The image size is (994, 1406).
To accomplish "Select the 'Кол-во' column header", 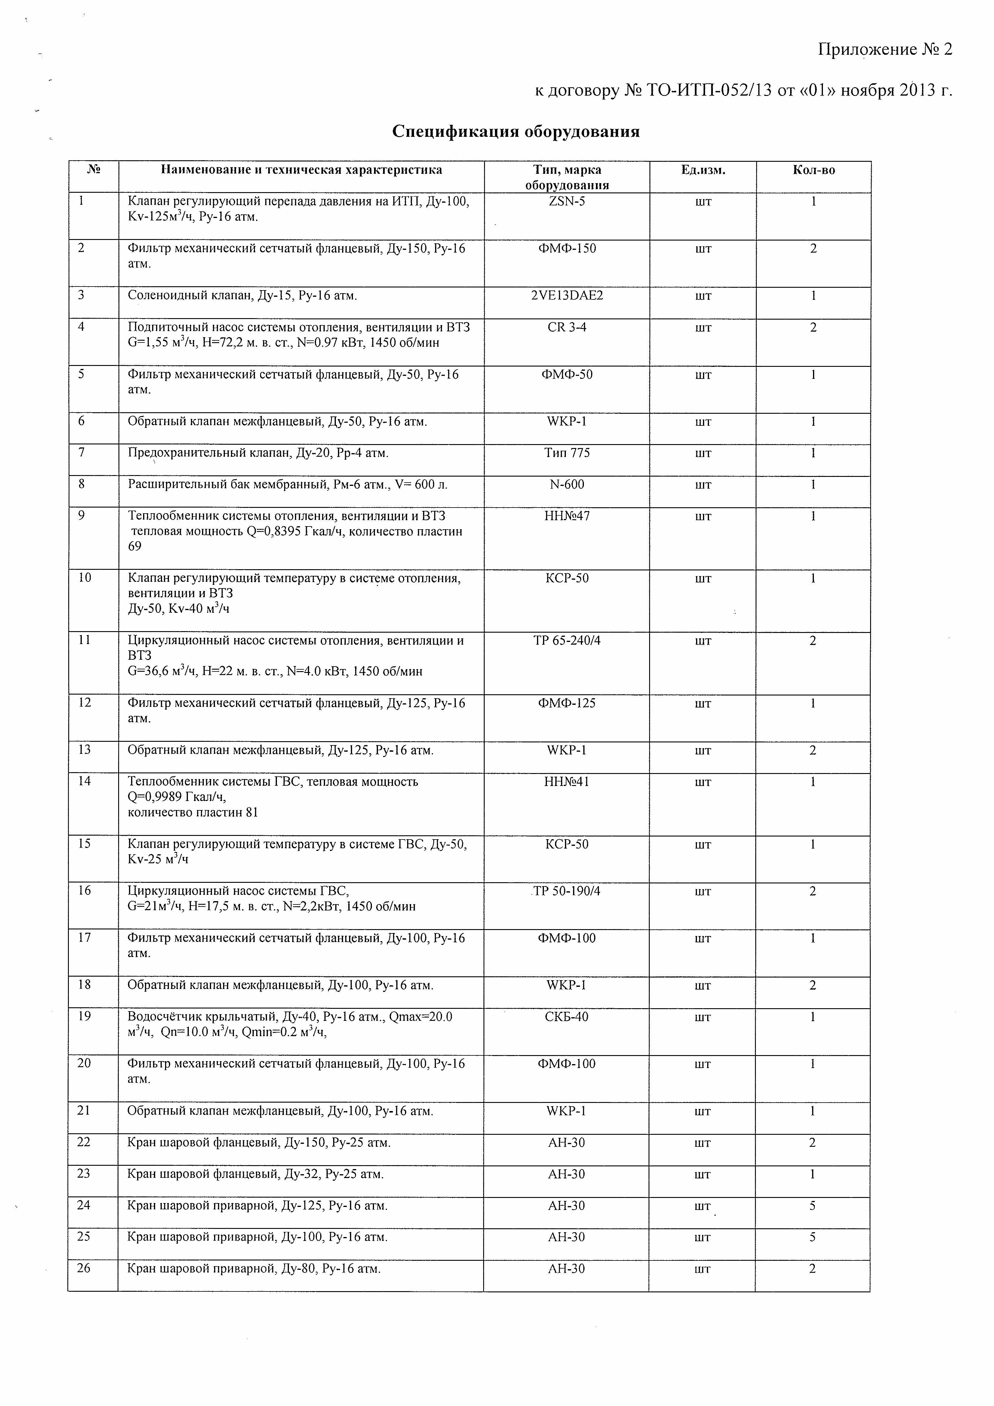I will pos(813,170).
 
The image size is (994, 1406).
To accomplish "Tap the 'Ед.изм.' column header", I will pos(703,170).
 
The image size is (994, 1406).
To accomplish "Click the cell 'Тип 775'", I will pos(567,453).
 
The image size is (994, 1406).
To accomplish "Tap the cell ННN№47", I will pos(567,516).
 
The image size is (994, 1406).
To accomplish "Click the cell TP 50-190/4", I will pos(567,891).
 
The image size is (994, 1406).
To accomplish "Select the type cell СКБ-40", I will pos(567,1017).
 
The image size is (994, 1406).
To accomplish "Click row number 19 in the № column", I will pos(84,1017).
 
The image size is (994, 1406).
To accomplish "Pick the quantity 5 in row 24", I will pos(813,1205).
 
